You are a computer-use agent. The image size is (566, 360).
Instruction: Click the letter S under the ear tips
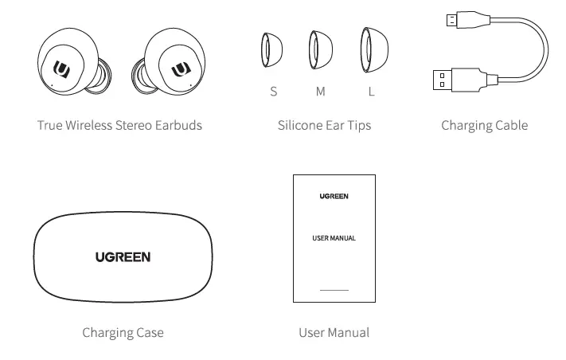[274, 92]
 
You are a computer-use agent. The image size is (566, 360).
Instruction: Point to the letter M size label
[321, 92]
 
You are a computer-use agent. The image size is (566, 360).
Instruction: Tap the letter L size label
[371, 92]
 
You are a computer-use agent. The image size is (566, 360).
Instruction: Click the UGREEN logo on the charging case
[123, 256]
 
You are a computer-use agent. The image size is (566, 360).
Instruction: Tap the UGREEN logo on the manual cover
[334, 195]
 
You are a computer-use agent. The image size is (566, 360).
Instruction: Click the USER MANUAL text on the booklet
[334, 238]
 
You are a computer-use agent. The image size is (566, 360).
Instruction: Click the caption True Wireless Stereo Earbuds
[119, 125]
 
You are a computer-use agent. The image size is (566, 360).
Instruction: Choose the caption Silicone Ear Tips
[324, 125]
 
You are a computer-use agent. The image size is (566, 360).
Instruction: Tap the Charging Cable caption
[484, 125]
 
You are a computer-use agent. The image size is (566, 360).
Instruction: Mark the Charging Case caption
[123, 332]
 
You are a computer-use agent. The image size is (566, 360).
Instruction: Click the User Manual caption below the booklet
[334, 332]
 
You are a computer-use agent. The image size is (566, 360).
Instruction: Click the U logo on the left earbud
[62, 69]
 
